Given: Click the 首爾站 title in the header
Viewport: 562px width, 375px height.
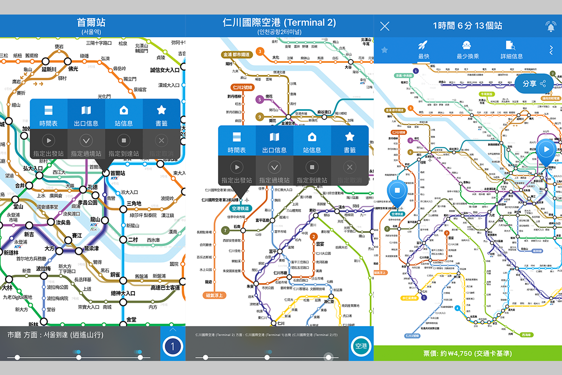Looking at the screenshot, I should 91,22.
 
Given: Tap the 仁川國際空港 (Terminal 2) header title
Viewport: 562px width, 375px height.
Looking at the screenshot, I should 280,22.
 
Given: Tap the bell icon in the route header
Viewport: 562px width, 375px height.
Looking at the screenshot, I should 550,26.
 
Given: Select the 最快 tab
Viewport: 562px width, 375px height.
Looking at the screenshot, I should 423,51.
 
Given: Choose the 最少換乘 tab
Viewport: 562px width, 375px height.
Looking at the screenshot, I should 467,51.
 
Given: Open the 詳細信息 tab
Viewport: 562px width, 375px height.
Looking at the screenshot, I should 511,51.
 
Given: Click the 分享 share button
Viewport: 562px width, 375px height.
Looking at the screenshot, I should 534,84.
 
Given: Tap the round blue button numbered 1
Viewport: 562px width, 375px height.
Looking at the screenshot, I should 173,347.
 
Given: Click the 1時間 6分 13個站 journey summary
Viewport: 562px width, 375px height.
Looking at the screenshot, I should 467,26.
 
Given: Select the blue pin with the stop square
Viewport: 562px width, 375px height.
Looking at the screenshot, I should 397,191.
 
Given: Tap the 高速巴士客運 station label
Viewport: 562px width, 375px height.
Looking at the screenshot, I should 165,287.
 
